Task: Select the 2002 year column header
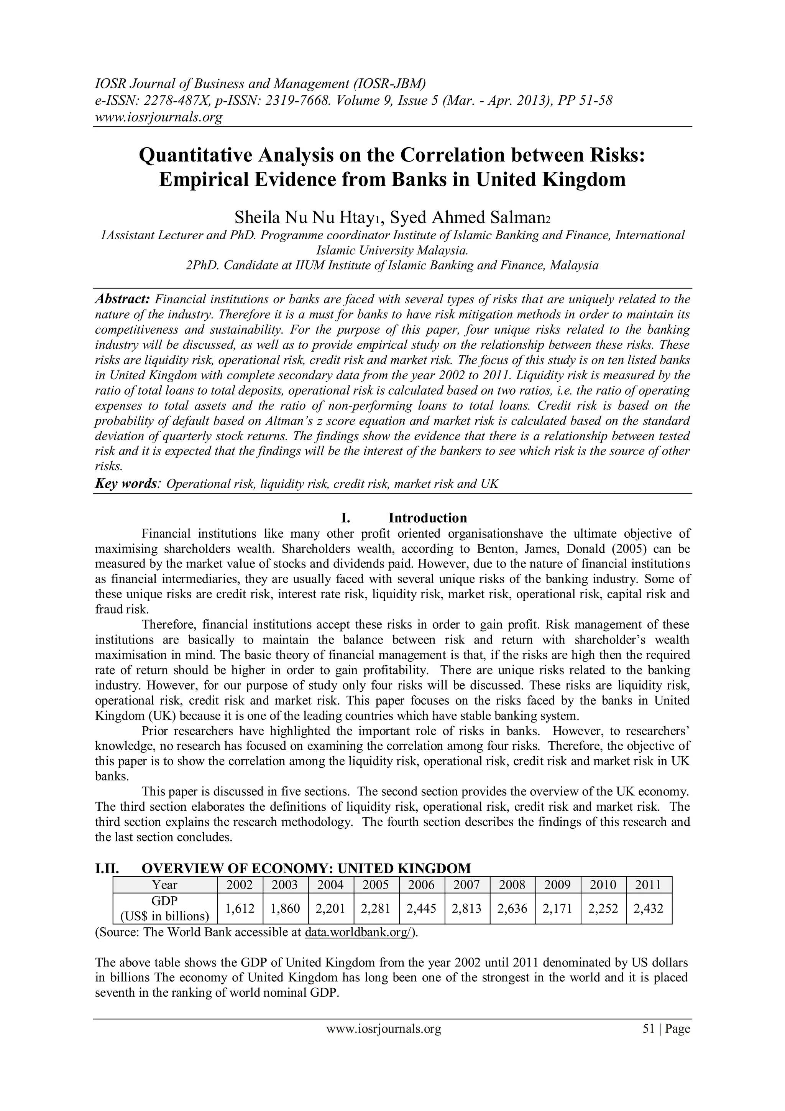pyautogui.click(x=240, y=885)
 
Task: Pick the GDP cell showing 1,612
pyautogui.click(x=240, y=909)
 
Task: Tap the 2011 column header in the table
pyautogui.click(x=648, y=885)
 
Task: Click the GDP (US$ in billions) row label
pyautogui.click(x=164, y=909)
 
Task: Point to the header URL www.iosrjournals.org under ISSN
pyautogui.click(x=159, y=117)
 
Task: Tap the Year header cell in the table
pyautogui.click(x=164, y=885)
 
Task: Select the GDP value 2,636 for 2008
pyautogui.click(x=512, y=909)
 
